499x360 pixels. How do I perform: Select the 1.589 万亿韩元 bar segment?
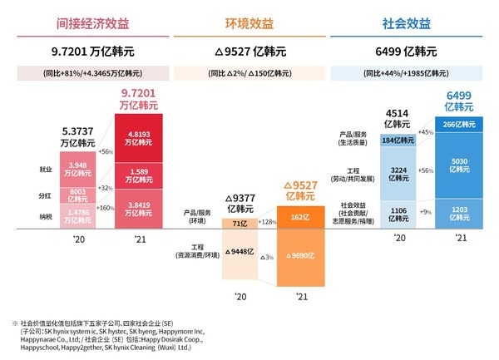pyautogui.click(x=138, y=176)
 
